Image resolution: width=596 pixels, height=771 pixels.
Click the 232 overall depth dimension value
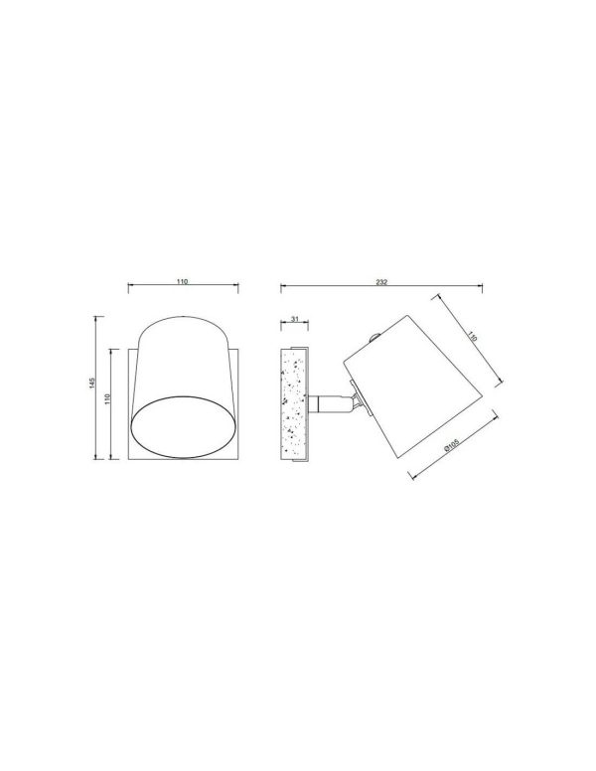click(x=381, y=282)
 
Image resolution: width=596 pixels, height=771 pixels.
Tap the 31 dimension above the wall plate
click(x=295, y=319)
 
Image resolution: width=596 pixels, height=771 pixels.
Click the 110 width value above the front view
click(x=183, y=282)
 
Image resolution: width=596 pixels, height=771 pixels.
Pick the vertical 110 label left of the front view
click(x=107, y=398)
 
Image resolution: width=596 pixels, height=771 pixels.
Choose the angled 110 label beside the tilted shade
click(x=472, y=337)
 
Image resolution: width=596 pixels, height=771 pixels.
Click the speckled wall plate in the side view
click(x=293, y=404)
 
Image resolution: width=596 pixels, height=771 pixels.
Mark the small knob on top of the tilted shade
click(x=374, y=338)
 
